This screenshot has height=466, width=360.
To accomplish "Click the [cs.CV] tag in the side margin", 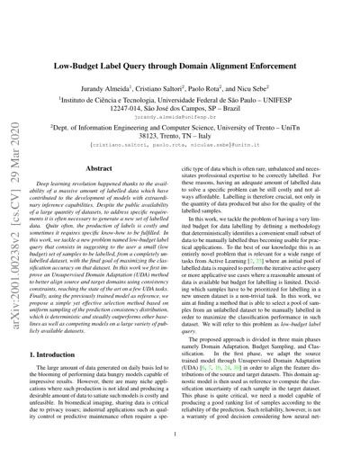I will pyautogui.click(x=16, y=202).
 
